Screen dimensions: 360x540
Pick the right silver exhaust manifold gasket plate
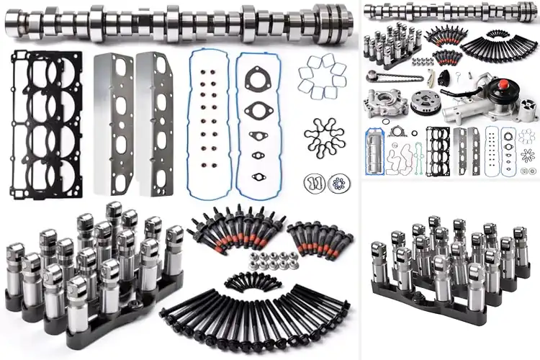pyautogui.click(x=157, y=122)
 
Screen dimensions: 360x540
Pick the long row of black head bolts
pyautogui.click(x=252, y=317)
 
